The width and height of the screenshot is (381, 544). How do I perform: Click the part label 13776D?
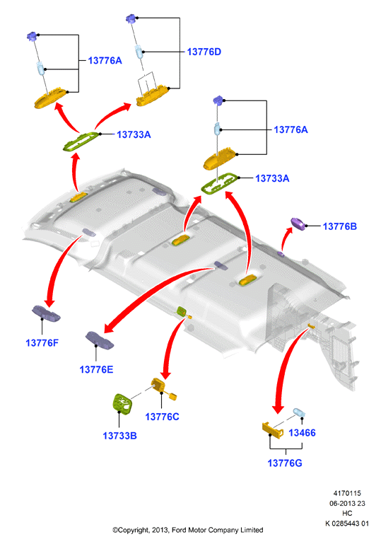(204, 52)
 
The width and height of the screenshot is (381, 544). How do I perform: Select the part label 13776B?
(340, 226)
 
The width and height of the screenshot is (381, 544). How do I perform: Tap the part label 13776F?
(42, 343)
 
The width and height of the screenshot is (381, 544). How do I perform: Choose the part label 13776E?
(96, 369)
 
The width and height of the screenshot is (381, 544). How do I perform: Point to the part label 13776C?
(162, 417)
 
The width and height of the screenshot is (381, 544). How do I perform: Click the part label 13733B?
(119, 436)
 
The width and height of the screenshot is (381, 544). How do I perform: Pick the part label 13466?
(302, 433)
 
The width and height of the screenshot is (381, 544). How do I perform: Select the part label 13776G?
(285, 463)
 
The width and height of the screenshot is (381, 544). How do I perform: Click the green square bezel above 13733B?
(122, 404)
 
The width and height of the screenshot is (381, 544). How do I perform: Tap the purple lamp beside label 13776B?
(298, 224)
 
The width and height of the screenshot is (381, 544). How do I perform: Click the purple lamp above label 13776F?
(46, 313)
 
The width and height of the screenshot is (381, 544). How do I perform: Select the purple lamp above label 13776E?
(100, 340)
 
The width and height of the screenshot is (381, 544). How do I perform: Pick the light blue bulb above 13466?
(299, 413)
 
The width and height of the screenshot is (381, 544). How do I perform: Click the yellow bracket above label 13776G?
(272, 429)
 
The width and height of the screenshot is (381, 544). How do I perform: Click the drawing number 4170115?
(347, 493)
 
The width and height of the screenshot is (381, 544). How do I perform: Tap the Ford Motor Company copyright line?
(187, 530)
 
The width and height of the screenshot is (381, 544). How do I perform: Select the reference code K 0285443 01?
(347, 523)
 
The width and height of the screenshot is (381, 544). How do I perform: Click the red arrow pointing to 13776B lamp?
(285, 238)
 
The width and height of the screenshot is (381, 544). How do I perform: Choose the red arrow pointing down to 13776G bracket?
(288, 368)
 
